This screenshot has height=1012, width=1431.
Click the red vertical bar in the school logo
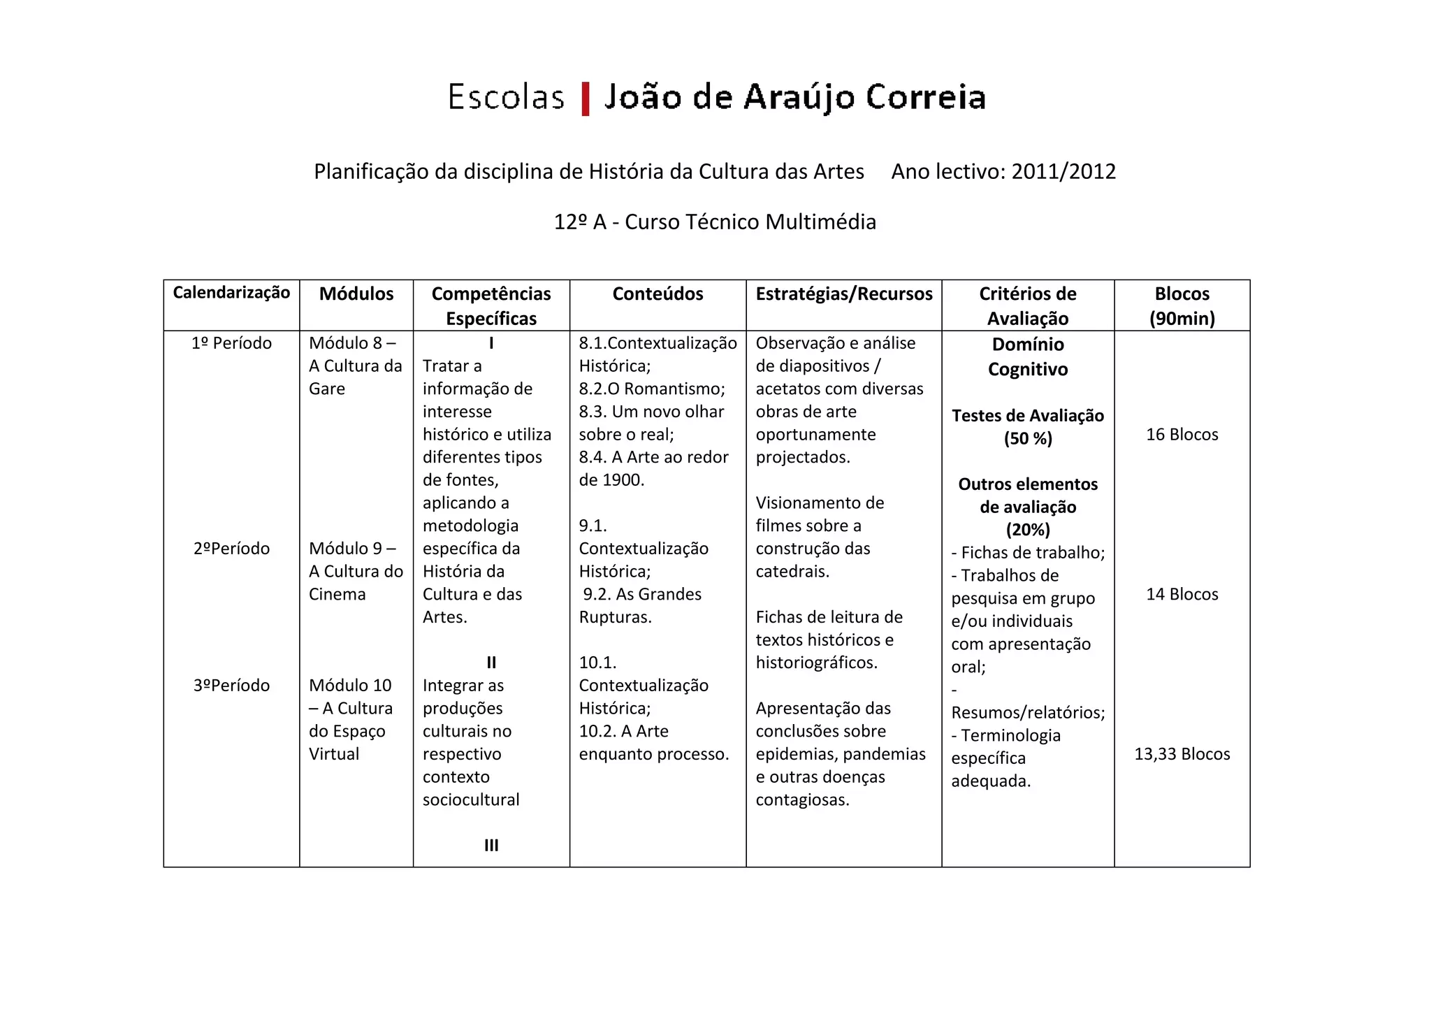[x=586, y=99]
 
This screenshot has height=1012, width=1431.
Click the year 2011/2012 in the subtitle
[x=1063, y=171]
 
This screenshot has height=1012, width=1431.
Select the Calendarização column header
[x=231, y=293]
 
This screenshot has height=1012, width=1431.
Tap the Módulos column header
[x=356, y=294]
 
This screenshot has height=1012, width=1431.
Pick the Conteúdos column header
[x=658, y=294]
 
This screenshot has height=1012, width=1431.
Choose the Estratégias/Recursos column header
[x=843, y=294]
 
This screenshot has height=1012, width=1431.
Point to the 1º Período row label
[x=231, y=343]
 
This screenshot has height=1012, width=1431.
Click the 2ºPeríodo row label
[x=231, y=549]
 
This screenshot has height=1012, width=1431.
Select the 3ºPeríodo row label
[x=231, y=686]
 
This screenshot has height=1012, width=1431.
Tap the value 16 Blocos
[x=1182, y=435]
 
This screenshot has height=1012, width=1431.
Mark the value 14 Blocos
[x=1182, y=594]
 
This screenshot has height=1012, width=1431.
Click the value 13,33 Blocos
[x=1182, y=754]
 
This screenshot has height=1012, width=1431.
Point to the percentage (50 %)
[x=1028, y=439]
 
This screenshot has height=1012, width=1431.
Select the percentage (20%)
[x=1028, y=530]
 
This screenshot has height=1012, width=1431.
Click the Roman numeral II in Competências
[x=491, y=663]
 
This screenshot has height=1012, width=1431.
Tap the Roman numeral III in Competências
[x=491, y=846]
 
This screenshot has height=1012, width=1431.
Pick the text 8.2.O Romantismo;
[x=652, y=389]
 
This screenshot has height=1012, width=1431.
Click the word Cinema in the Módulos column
[x=337, y=594]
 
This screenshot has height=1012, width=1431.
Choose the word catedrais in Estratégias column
[x=792, y=572]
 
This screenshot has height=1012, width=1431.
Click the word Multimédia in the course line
[x=820, y=222]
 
